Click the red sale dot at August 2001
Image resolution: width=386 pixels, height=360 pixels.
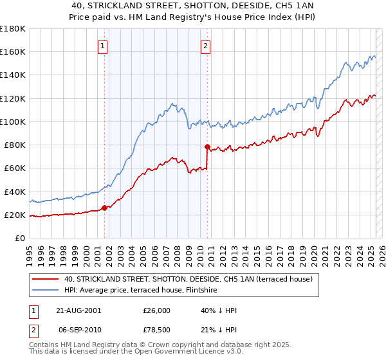(x=104, y=208)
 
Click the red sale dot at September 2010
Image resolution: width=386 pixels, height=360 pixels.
(x=207, y=147)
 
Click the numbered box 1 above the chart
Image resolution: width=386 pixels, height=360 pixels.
(x=103, y=46)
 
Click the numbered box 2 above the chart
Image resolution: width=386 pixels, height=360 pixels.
(x=205, y=46)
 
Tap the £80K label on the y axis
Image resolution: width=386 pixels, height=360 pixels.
(x=15, y=145)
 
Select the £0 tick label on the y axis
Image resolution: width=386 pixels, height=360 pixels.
(x=21, y=238)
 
